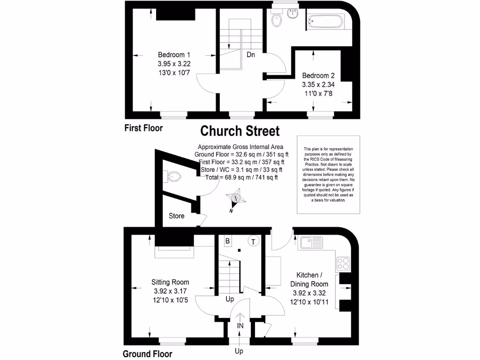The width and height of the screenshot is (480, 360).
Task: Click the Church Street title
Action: tap(240, 131)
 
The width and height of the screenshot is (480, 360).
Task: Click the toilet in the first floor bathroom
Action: tap(276, 20)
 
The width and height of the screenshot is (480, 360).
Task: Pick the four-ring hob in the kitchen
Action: tap(343, 263)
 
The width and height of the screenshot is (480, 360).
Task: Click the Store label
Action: tap(177, 216)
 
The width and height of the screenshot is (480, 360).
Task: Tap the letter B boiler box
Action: tap(228, 241)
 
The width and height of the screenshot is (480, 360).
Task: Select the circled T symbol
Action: tap(254, 241)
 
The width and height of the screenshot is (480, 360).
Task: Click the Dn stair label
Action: tap(251, 54)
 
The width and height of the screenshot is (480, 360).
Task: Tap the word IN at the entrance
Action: tap(240, 326)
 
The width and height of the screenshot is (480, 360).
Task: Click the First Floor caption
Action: tap(143, 128)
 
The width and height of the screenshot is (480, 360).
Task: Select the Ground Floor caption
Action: tap(147, 354)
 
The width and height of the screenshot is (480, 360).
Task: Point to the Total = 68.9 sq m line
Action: tap(241, 177)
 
